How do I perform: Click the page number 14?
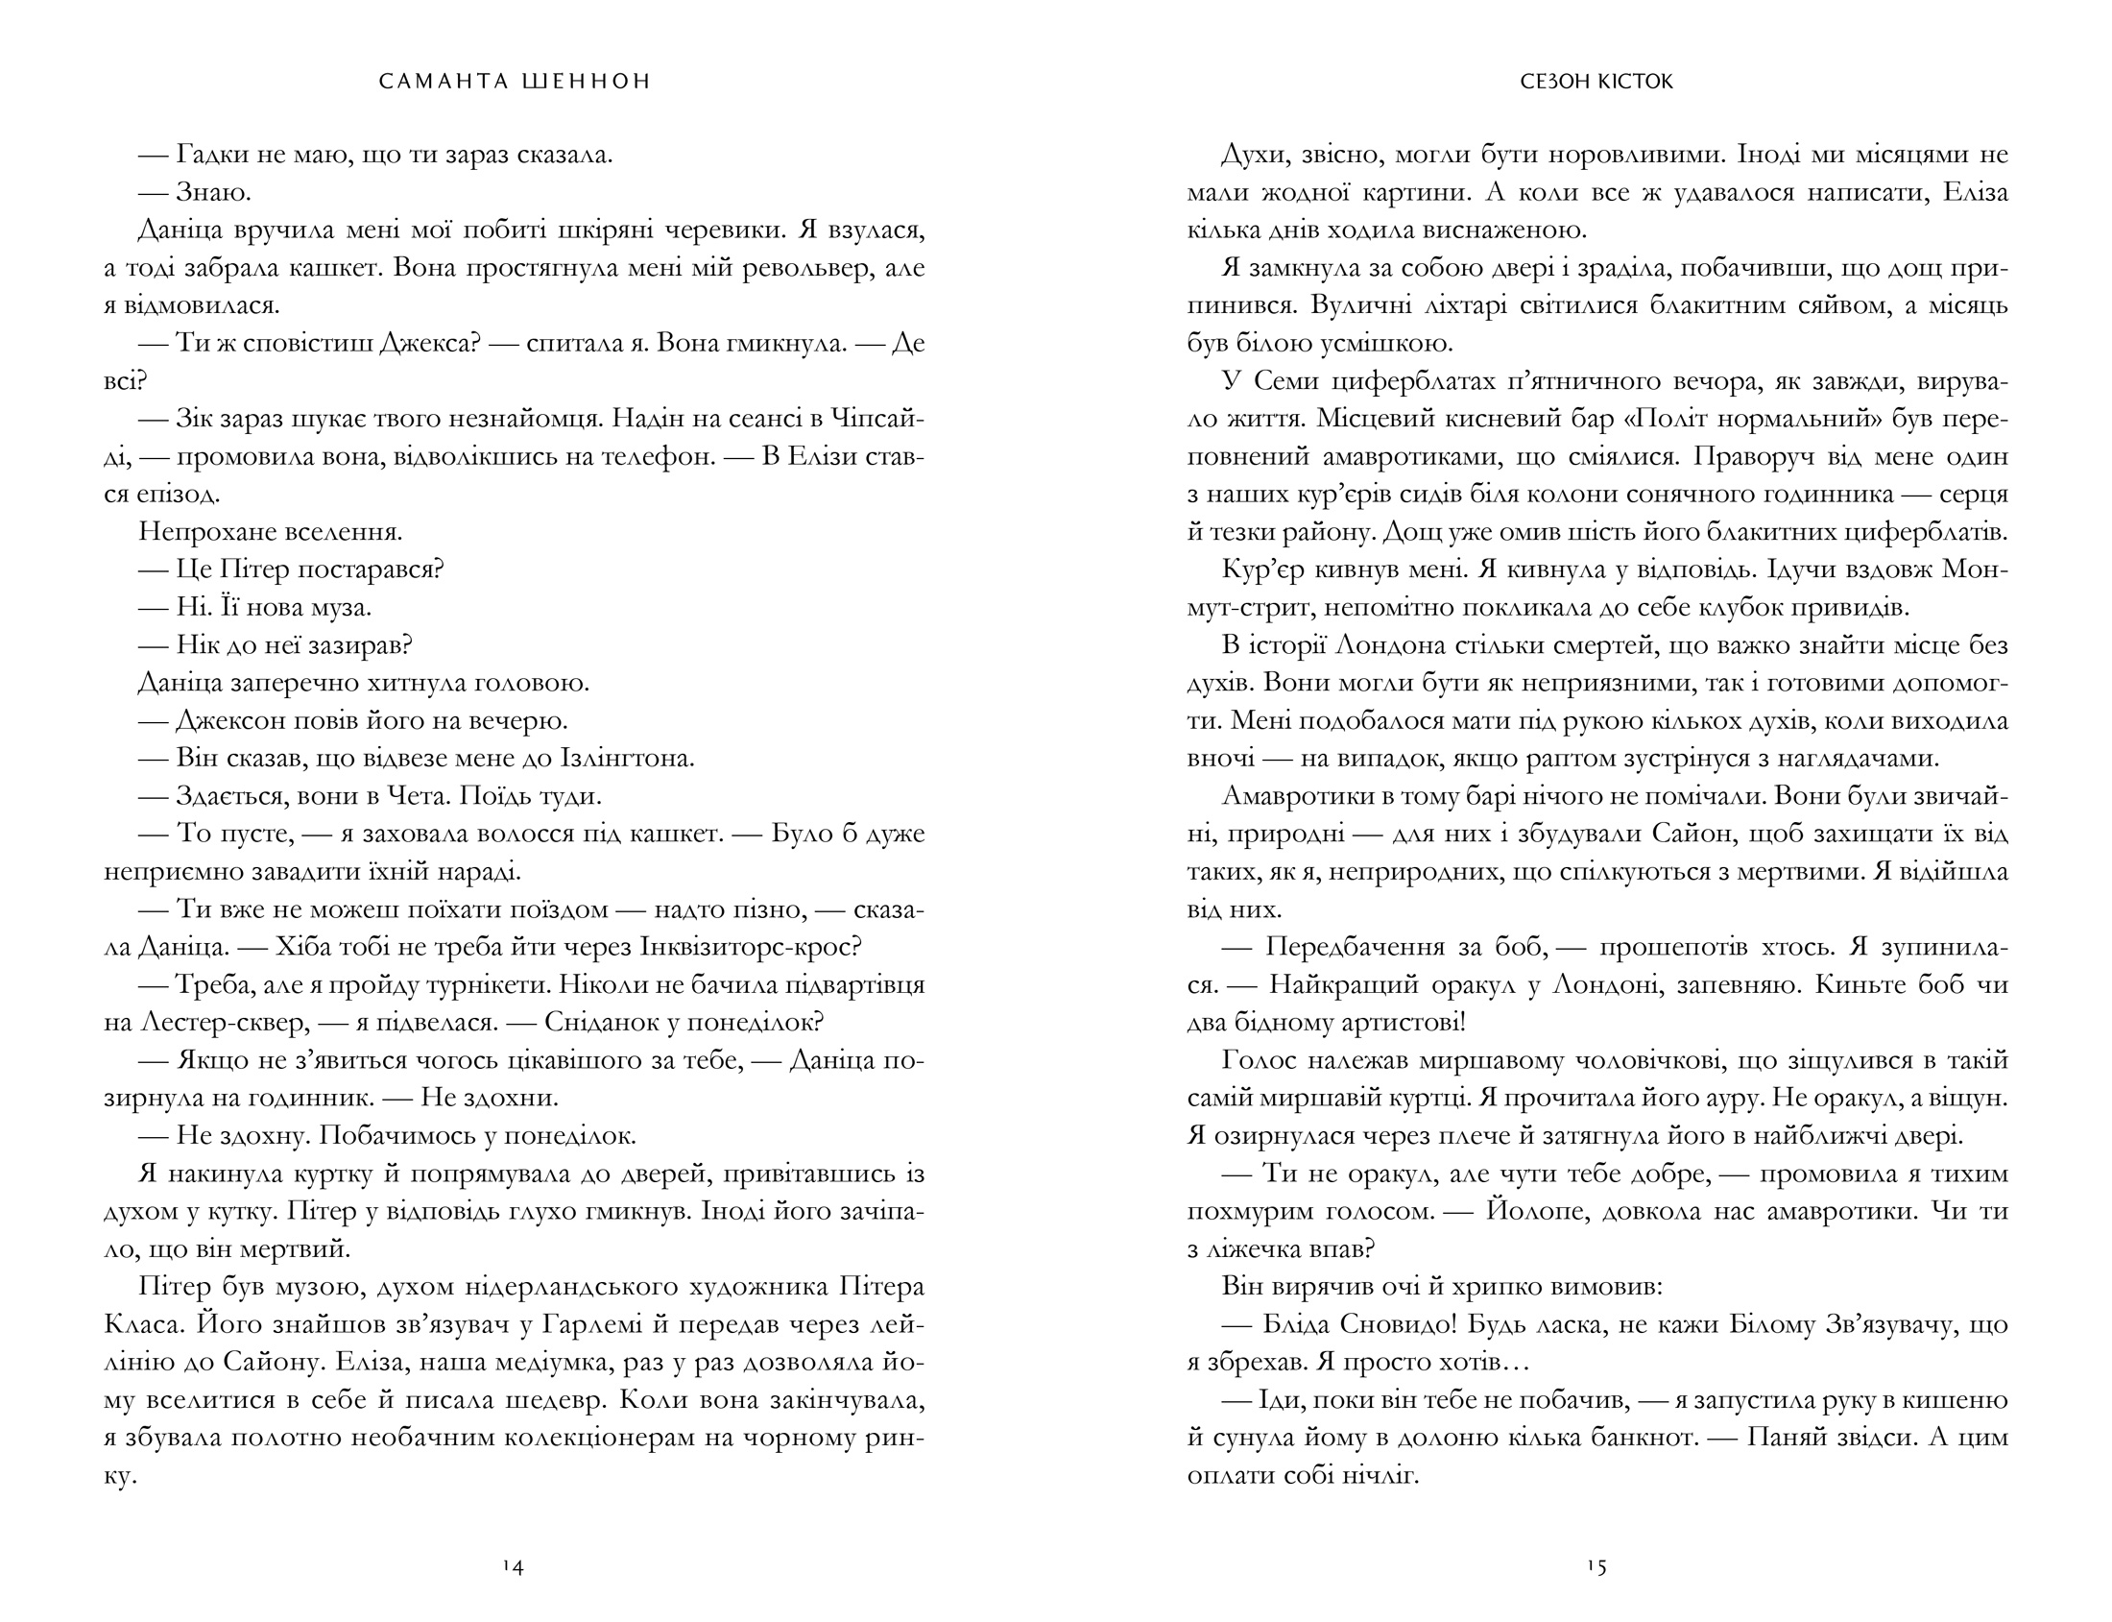[x=513, y=1568]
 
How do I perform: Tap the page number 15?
[x=1596, y=1568]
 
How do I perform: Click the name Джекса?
[x=428, y=343]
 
